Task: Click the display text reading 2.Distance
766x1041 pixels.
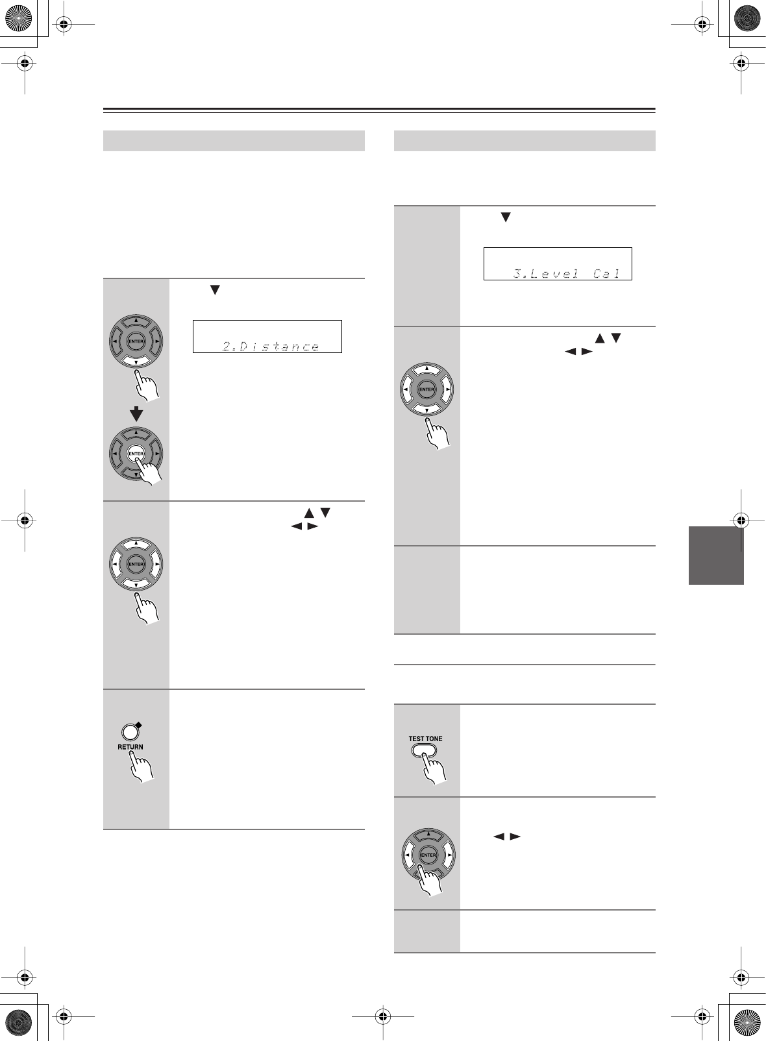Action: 271,347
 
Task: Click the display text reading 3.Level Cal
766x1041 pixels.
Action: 567,274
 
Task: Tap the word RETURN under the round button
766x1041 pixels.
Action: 130,747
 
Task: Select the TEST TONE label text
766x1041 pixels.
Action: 425,739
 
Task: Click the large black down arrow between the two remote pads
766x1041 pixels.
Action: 136,413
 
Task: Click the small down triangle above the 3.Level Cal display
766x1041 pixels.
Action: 504,218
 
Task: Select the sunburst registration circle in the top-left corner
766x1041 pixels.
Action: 18,18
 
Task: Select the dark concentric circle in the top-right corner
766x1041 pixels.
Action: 748,18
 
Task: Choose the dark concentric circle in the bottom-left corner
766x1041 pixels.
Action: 18,1023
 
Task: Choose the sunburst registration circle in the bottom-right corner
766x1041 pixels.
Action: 748,1023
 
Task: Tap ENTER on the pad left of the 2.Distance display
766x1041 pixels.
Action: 136,341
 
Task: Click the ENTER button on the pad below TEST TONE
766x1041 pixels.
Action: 428,855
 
